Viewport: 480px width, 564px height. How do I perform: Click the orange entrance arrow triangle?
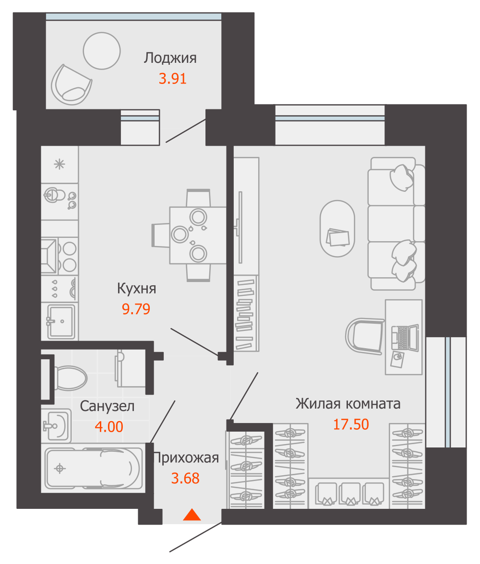point(192,515)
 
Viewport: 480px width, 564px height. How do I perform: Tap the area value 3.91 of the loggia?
point(172,79)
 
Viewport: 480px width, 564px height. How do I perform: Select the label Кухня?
point(136,289)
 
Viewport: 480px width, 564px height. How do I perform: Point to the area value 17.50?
point(351,424)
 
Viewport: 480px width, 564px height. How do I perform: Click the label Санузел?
point(107,407)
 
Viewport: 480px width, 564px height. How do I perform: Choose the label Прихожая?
point(186,458)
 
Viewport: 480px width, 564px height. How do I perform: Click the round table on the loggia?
point(101,50)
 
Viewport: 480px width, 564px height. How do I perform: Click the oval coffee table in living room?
point(337,228)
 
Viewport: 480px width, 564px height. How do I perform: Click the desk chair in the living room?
point(365,336)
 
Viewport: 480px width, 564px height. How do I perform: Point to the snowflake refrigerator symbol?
point(60,164)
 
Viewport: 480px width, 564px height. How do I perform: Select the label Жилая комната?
point(348,404)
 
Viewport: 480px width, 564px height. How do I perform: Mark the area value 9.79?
point(136,309)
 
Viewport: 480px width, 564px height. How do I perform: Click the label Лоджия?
point(170,59)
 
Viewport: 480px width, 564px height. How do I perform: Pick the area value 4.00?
point(109,426)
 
